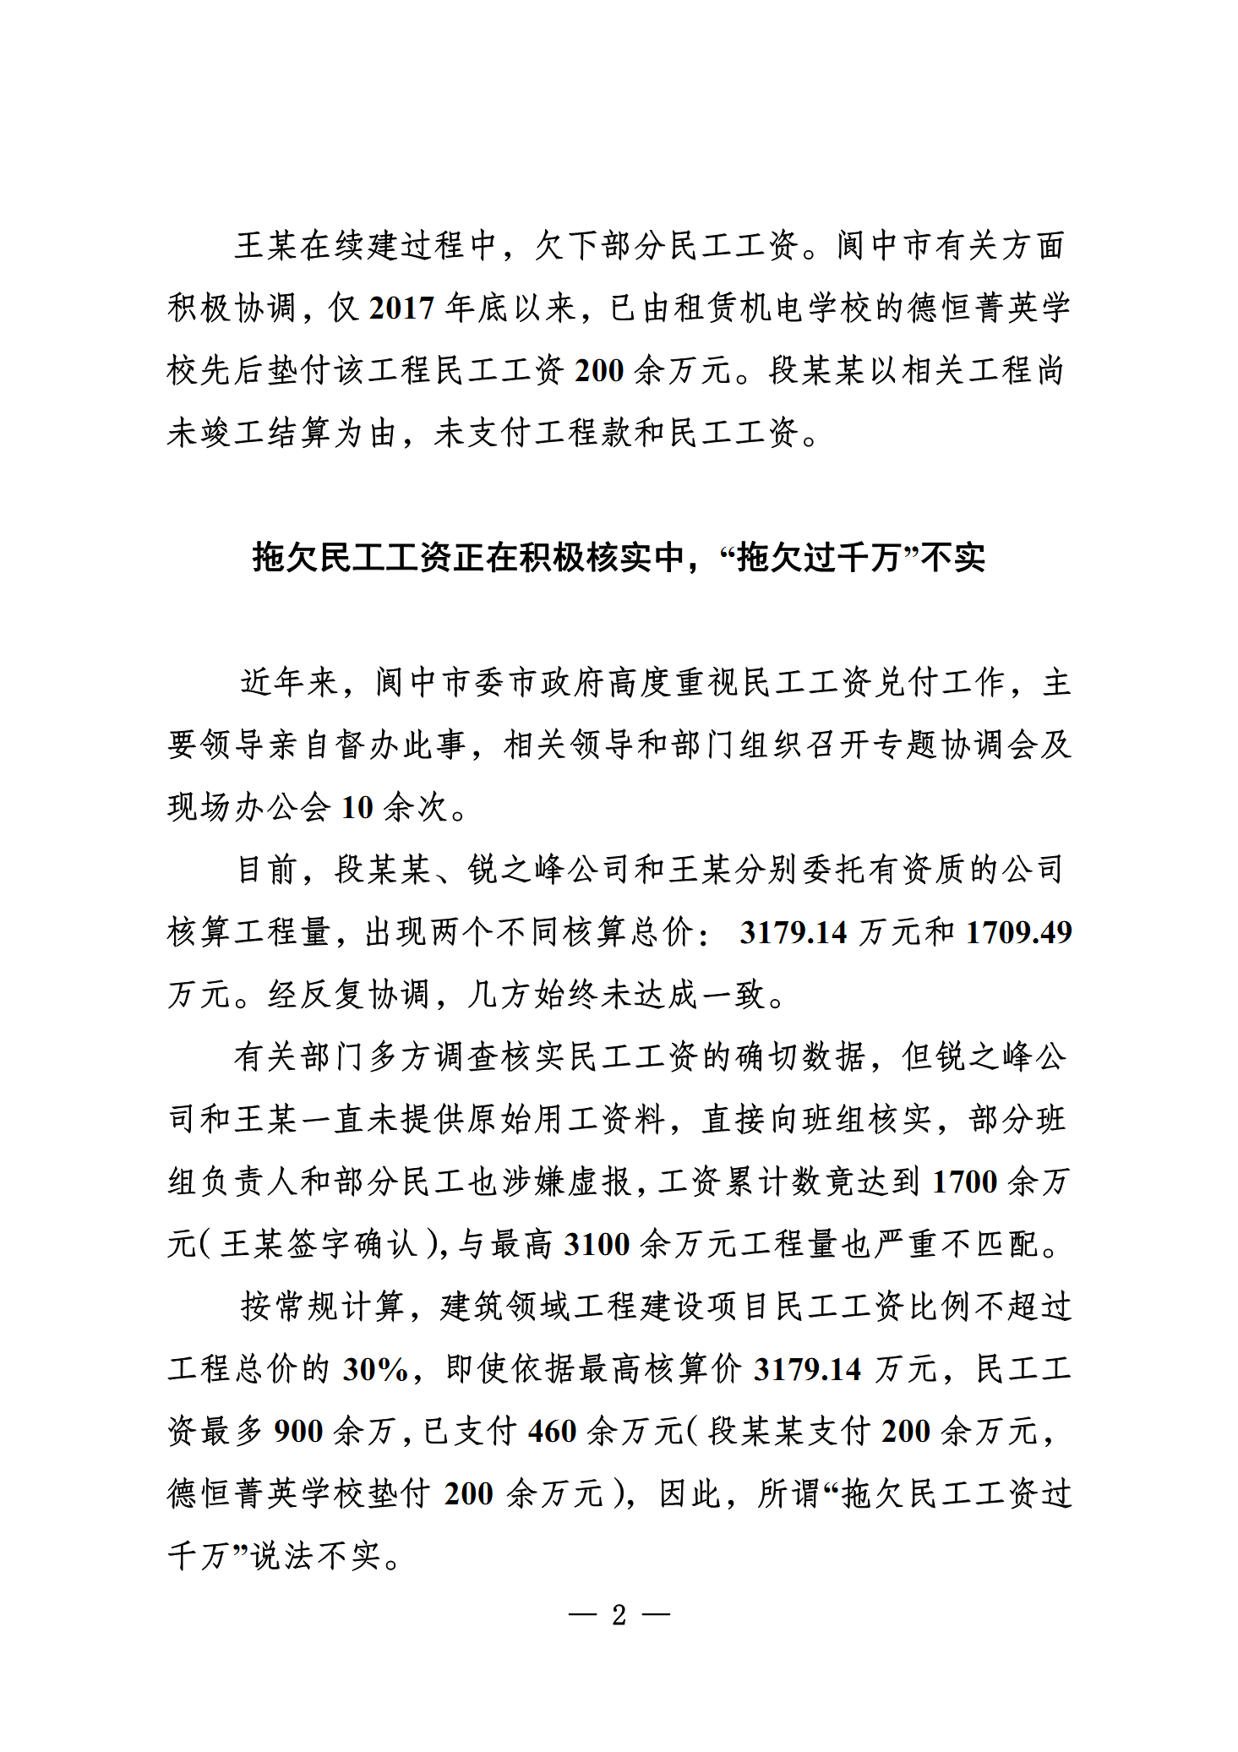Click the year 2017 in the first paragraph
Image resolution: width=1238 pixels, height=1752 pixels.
401,308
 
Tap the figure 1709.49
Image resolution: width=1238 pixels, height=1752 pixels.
1018,932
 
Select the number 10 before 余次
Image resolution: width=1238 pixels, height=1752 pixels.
357,808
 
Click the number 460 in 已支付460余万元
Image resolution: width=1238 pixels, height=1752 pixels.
552,1432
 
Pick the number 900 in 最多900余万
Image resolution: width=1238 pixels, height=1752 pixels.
298,1432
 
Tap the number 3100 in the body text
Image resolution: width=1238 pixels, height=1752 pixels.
597,1244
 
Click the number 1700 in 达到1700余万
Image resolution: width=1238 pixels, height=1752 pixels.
964,1182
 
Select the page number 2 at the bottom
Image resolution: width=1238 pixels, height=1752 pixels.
619,1615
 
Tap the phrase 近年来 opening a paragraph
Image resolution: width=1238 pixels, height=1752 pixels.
289,683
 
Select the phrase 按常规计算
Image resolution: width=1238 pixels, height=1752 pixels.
322,1307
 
